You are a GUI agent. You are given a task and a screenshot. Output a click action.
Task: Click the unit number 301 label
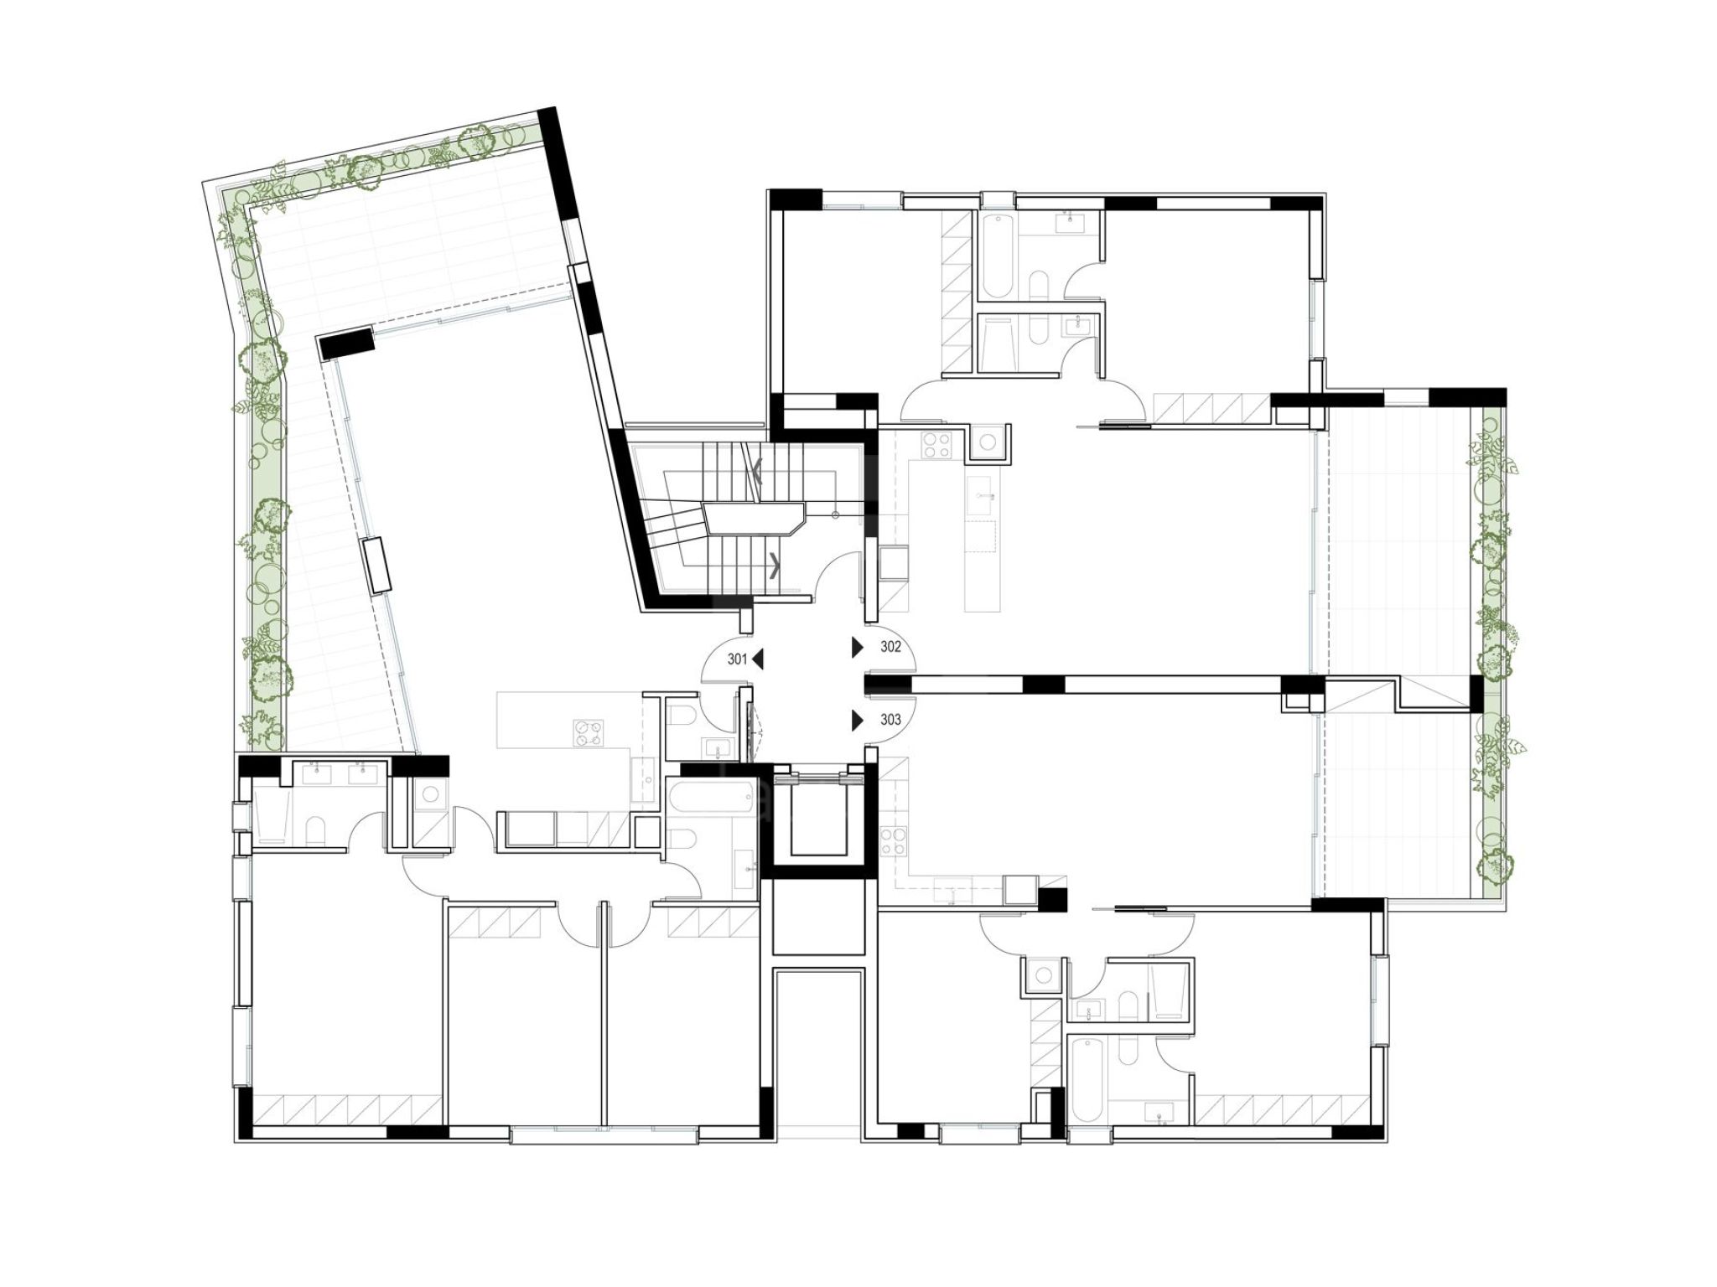[x=737, y=659]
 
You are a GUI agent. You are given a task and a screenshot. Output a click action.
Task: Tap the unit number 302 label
[x=890, y=647]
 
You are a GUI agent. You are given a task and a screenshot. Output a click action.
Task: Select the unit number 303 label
[x=890, y=720]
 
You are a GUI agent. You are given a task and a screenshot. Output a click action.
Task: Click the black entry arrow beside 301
[x=758, y=659]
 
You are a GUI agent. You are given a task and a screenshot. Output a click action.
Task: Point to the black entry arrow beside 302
[x=858, y=647]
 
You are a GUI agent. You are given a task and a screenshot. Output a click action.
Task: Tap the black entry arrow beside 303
[x=858, y=721]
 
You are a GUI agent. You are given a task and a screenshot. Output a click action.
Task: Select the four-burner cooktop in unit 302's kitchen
[x=936, y=444]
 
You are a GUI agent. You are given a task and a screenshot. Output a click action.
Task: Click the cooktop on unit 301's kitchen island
[x=588, y=733]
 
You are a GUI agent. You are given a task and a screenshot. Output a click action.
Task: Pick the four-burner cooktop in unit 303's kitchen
[x=894, y=841]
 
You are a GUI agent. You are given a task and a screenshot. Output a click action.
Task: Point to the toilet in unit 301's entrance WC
[x=681, y=715]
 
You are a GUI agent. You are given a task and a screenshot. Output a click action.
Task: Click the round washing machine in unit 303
[x=1043, y=975]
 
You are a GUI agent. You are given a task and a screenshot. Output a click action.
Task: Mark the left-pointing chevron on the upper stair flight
[x=757, y=472]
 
